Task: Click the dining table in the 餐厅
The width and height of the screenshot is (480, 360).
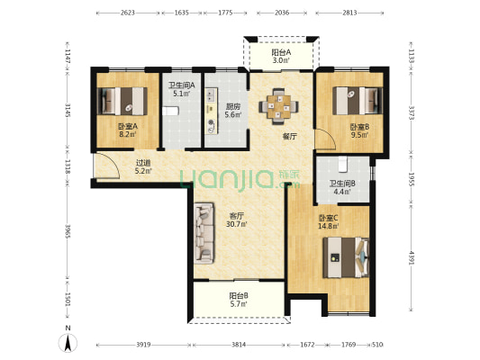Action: pyautogui.click(x=278, y=107)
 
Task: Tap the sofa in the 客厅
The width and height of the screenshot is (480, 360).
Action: pyautogui.click(x=204, y=233)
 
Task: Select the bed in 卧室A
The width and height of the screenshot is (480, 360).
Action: pyautogui.click(x=122, y=101)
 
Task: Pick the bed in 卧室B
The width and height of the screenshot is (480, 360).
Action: pyautogui.click(x=358, y=101)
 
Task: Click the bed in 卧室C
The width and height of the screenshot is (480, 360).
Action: pyautogui.click(x=346, y=257)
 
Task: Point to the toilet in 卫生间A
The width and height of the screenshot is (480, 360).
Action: pyautogui.click(x=170, y=111)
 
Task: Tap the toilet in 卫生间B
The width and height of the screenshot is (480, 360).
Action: pyautogui.click(x=343, y=164)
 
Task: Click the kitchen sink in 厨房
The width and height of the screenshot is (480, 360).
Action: pyautogui.click(x=211, y=95)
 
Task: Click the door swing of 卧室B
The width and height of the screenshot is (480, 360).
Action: pyautogui.click(x=325, y=139)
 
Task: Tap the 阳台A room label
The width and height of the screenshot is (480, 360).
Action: pyautogui.click(x=281, y=52)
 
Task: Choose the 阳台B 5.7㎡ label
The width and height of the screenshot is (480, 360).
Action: pyautogui.click(x=239, y=300)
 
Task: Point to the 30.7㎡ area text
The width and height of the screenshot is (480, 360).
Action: pyautogui.click(x=237, y=224)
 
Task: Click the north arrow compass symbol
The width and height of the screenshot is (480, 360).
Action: pyautogui.click(x=68, y=343)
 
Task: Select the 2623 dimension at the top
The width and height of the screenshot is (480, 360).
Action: pyautogui.click(x=128, y=13)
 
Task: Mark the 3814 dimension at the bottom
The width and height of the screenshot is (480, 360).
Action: pyautogui.click(x=239, y=345)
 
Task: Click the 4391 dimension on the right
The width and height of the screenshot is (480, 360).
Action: pyautogui.click(x=412, y=258)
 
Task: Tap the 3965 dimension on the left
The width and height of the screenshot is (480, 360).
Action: pyautogui.click(x=68, y=231)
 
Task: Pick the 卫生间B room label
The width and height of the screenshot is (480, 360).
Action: pyautogui.click(x=342, y=184)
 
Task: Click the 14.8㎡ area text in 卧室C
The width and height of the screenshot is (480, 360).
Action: pyautogui.click(x=329, y=226)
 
